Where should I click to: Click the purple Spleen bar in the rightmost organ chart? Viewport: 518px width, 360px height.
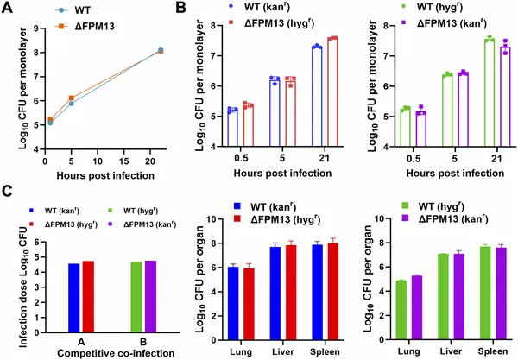[x=500, y=285]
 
